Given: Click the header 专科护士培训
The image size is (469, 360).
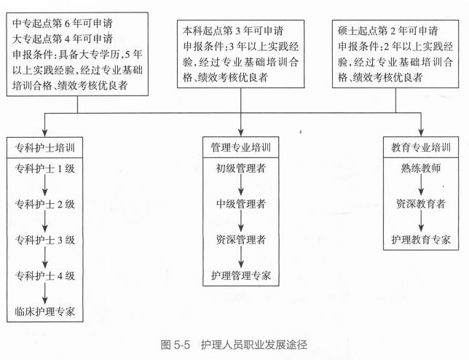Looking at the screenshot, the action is (x=45, y=147).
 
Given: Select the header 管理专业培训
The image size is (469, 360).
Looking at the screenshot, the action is (x=241, y=147).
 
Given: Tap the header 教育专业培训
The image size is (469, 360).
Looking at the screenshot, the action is (x=421, y=147).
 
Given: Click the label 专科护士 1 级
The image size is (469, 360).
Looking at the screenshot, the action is (x=45, y=169).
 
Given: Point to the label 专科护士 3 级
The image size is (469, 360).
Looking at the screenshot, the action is (x=45, y=240).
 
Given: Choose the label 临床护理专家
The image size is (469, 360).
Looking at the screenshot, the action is (x=45, y=311).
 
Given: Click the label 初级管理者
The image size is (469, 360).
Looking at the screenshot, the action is (x=241, y=168).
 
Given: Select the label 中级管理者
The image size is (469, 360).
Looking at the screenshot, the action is (x=241, y=204).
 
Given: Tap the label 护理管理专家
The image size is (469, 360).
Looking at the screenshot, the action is (x=241, y=275).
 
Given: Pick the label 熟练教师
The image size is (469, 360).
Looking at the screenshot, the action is (x=421, y=168).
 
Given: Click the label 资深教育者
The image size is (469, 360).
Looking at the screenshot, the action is (x=421, y=204).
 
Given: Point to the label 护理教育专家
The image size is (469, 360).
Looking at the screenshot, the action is (x=421, y=240).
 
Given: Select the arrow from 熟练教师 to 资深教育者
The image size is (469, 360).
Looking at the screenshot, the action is (x=421, y=185).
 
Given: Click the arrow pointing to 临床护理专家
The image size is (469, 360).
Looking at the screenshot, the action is (x=45, y=293).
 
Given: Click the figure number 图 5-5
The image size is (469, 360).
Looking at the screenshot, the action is (x=176, y=345).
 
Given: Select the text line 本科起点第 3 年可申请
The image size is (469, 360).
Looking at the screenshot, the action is (x=233, y=31).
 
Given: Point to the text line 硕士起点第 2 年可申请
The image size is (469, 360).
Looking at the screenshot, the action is (x=388, y=31).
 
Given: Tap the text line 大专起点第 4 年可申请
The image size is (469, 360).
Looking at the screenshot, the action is (x=63, y=39).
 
